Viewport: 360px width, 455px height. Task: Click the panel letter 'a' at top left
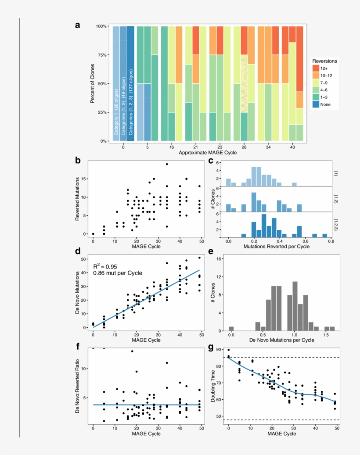pos(78,25)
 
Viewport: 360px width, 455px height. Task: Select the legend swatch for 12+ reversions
pos(316,68)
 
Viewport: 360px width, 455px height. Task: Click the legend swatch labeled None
pos(316,104)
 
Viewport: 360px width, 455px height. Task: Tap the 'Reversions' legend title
pos(324,61)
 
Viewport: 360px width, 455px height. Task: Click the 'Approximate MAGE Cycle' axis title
pos(208,153)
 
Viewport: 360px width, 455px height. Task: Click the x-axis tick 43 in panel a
pos(292,147)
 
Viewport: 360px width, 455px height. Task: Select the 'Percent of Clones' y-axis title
pos(93,83)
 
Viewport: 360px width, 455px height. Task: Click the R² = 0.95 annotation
pos(104,266)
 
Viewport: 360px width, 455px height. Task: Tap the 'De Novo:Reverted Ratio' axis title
pos(78,386)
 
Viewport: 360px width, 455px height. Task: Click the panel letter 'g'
pos(211,348)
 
